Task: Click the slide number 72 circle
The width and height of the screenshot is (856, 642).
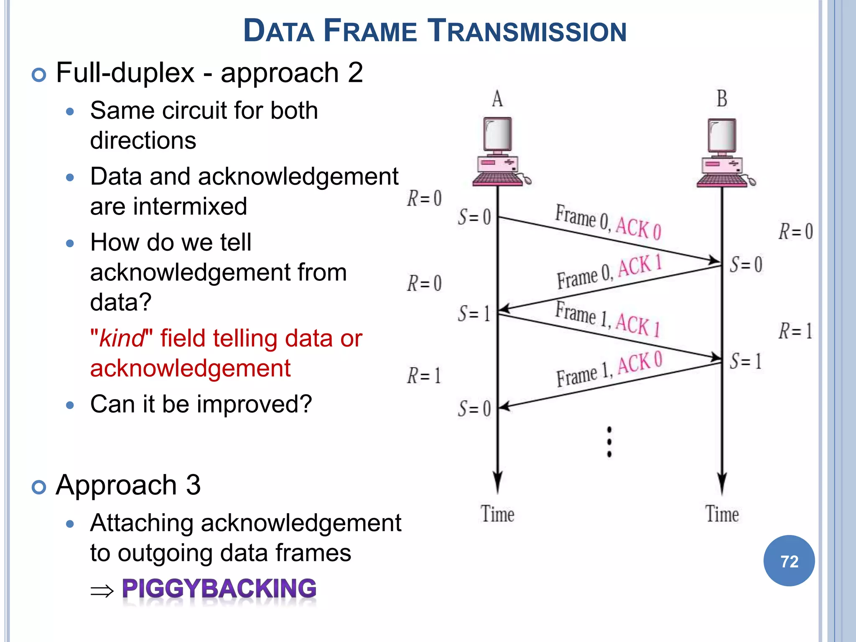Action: click(x=789, y=560)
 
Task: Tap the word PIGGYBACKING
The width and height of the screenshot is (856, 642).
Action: click(x=219, y=588)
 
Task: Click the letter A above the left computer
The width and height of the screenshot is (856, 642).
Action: click(x=497, y=99)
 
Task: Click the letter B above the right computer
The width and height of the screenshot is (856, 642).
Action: click(x=722, y=99)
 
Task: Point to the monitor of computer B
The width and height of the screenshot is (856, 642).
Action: click(x=722, y=135)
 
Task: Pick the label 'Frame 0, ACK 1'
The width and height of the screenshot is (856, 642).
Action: click(x=609, y=272)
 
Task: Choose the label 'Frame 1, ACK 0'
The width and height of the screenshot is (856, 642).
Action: click(x=609, y=369)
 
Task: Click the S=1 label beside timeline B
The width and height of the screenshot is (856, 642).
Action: click(x=746, y=361)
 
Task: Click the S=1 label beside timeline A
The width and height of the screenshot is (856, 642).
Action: click(x=474, y=313)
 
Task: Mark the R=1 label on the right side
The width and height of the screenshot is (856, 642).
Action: click(x=795, y=331)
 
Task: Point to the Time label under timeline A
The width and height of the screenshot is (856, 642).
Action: click(x=497, y=514)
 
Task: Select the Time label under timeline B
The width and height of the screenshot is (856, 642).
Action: click(x=722, y=514)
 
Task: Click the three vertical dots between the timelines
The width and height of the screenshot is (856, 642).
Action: click(x=609, y=442)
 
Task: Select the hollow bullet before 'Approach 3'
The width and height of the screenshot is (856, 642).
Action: click(x=39, y=487)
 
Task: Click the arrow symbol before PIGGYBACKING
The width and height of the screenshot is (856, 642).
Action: click(x=102, y=591)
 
